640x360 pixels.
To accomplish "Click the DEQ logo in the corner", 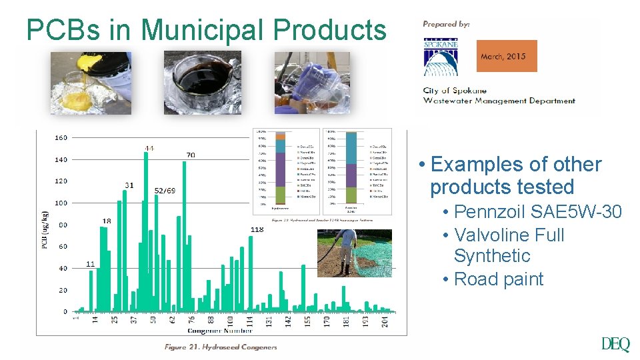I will [x=615, y=344].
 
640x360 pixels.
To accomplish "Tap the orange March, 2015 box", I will [x=506, y=56].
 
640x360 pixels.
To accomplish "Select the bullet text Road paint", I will [x=498, y=279].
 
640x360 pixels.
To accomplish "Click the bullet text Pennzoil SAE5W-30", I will [x=537, y=212].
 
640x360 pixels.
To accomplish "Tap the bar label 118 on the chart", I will [x=257, y=229].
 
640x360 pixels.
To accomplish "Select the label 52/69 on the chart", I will [x=165, y=191].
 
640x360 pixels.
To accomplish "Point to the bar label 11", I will [x=90, y=264].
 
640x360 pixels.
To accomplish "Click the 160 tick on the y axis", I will [x=61, y=138].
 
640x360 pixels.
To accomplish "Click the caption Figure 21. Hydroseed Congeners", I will [x=221, y=346].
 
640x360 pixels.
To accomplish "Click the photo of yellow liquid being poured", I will [x=91, y=83].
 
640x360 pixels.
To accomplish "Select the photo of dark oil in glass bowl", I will [x=202, y=83].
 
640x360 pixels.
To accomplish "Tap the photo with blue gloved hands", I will [x=312, y=83].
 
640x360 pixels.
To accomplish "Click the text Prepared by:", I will [x=446, y=24].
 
